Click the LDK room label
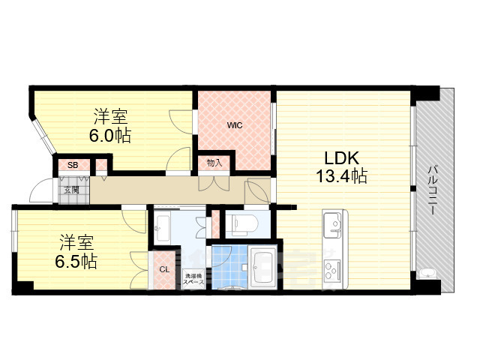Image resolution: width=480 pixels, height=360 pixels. tap(343, 158)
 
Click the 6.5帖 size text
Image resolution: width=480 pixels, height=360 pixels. tap(76, 262)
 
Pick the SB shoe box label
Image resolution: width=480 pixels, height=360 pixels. tap(72, 165)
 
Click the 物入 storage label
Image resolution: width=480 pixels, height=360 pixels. tap(214, 162)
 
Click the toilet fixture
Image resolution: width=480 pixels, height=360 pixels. tap(241, 223)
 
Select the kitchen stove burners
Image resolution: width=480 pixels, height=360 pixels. tap(332, 268)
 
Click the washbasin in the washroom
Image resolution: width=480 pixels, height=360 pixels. tap(163, 223)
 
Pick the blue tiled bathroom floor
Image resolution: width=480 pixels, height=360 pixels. tap(229, 267)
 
